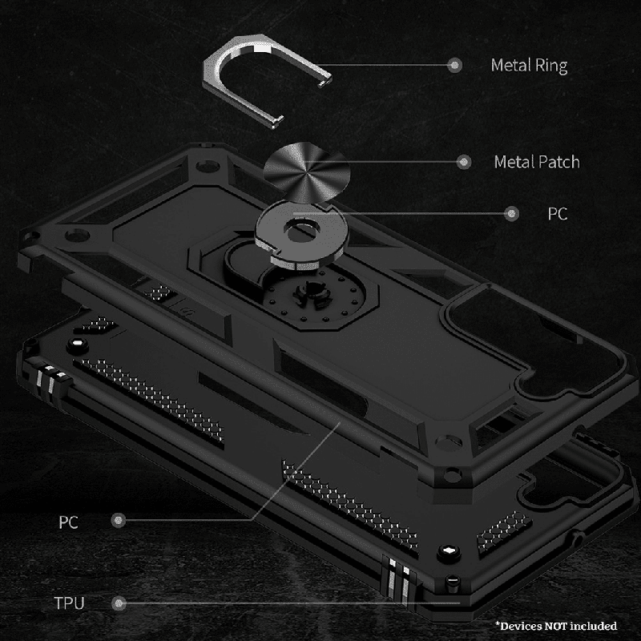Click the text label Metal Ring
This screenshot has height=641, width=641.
[x=529, y=66]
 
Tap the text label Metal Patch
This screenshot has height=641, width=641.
[x=537, y=163]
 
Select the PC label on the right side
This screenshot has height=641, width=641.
[x=558, y=214]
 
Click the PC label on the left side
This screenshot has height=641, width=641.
[x=68, y=522]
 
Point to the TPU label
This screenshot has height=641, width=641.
[x=69, y=603]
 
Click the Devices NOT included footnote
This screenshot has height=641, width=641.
[x=556, y=626]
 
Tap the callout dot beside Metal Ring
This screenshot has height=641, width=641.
[x=454, y=65]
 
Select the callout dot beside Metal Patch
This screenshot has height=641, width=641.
[x=464, y=163]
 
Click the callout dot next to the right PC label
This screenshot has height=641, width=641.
[x=511, y=213]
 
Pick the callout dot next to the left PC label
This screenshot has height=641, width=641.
[x=119, y=520]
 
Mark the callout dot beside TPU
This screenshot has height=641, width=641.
[x=119, y=603]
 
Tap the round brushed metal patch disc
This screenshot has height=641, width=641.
[x=307, y=171]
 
